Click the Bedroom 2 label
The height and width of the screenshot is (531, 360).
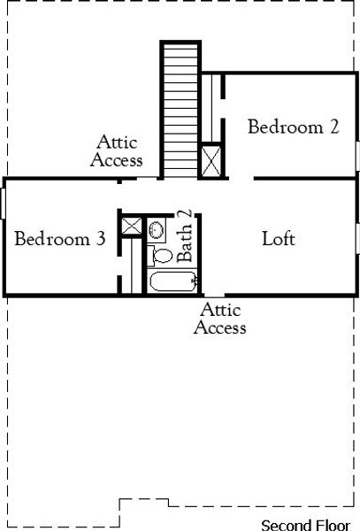pyautogui.click(x=293, y=127)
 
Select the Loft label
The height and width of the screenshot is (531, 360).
pyautogui.click(x=279, y=239)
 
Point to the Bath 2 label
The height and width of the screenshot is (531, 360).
pyautogui.click(x=185, y=235)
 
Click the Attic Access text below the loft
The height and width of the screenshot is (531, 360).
pyautogui.click(x=219, y=319)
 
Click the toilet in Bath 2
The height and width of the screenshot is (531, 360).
pyautogui.click(x=161, y=256)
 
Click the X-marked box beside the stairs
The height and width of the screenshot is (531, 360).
pyautogui.click(x=212, y=162)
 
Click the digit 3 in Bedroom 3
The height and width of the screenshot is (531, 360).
pyautogui.click(x=110, y=239)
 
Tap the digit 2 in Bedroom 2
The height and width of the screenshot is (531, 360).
pyautogui.click(x=333, y=127)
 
